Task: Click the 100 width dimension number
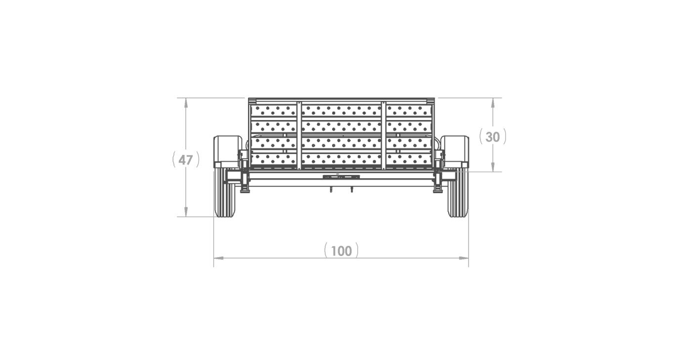[341, 251]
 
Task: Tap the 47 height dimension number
[186, 160]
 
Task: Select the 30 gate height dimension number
[493, 137]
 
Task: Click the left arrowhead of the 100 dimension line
[217, 258]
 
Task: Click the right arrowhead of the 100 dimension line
[465, 258]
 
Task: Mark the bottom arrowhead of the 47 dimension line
[186, 213]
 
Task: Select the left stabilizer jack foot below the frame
[245, 191]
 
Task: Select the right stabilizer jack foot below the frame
[437, 191]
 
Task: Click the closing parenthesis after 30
[505, 137]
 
